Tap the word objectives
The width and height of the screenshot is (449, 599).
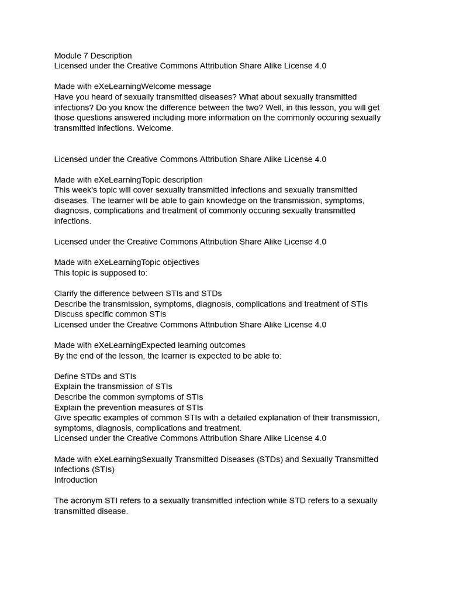[x=178, y=263]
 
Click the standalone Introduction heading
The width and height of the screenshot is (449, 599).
[x=76, y=480]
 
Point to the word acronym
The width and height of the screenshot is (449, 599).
[x=88, y=501]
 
